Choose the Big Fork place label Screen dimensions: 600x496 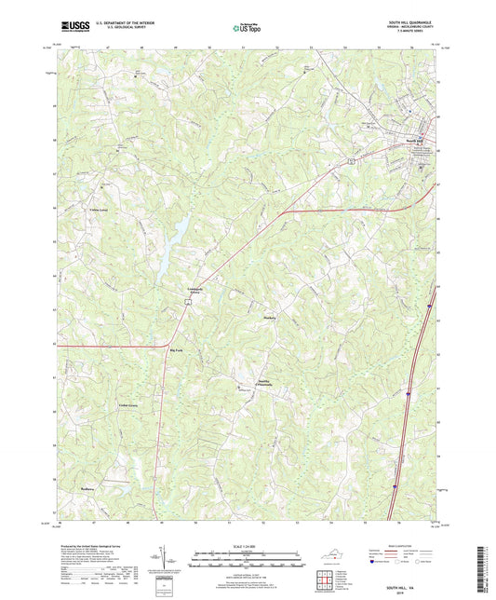177,349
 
